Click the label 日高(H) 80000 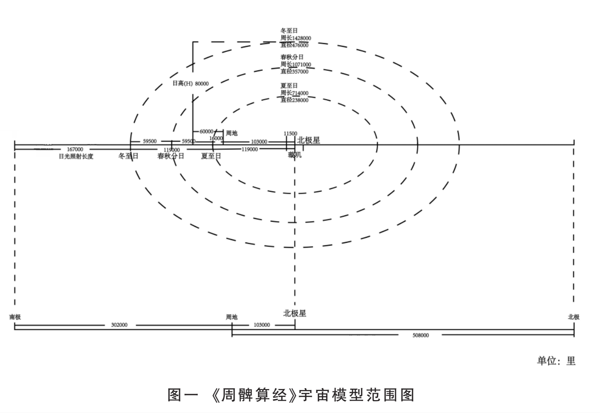pyautogui.click(x=190, y=84)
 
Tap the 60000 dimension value pyautogui.click(x=207, y=132)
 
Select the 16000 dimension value pyautogui.click(x=216, y=138)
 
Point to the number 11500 pyautogui.click(x=290, y=133)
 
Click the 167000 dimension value pyautogui.click(x=75, y=149)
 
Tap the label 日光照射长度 pyautogui.click(x=76, y=156)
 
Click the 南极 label pyautogui.click(x=15, y=317)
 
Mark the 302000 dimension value pyautogui.click(x=120, y=325)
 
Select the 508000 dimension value pyautogui.click(x=421, y=335)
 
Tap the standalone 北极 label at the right pyautogui.click(x=574, y=317)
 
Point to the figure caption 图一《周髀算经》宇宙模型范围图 pyautogui.click(x=292, y=395)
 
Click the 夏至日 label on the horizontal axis pyautogui.click(x=211, y=156)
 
